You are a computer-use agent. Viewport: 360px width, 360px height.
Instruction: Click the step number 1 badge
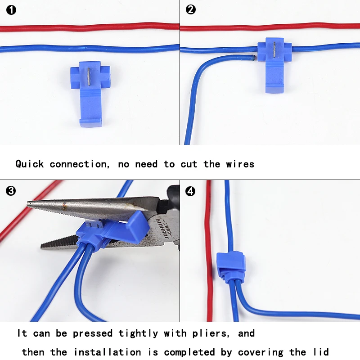(11, 9)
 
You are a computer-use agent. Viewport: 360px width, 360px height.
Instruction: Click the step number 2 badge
(191, 9)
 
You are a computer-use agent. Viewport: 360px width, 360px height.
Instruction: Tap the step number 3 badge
(11, 191)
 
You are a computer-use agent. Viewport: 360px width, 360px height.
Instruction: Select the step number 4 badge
(191, 191)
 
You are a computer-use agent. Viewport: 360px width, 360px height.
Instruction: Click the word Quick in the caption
(29, 164)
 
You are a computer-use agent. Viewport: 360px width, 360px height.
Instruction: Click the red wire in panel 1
(90, 27)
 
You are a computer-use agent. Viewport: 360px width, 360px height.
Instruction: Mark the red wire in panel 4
(209, 252)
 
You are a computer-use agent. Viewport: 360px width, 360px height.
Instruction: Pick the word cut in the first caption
(189, 164)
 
